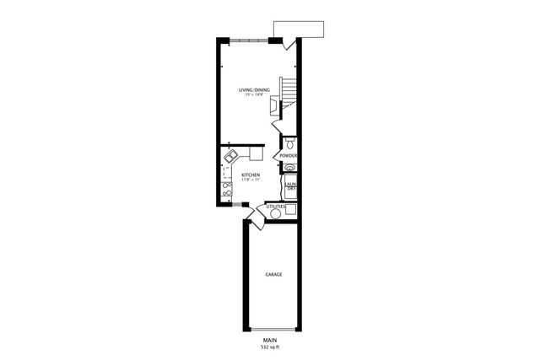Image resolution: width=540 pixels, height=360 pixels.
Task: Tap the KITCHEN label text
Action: coord(250,175)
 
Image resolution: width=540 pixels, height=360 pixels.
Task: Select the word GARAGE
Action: coord(273,275)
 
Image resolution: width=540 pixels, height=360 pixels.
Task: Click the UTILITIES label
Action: coord(276,207)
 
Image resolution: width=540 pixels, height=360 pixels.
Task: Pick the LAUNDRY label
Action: coord(289,187)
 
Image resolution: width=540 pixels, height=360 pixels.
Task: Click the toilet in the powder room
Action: coord(289,144)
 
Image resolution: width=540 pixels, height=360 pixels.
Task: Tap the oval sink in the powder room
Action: coord(289,167)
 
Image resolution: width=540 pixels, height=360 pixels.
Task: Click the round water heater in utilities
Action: coord(275,215)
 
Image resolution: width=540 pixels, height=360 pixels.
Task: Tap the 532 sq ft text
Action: coord(270,347)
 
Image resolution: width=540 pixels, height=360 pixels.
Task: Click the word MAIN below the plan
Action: coord(270,341)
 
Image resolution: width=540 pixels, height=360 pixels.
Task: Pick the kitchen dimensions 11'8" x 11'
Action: coord(250,180)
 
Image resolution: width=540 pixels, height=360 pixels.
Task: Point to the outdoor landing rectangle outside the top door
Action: coord(307,29)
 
